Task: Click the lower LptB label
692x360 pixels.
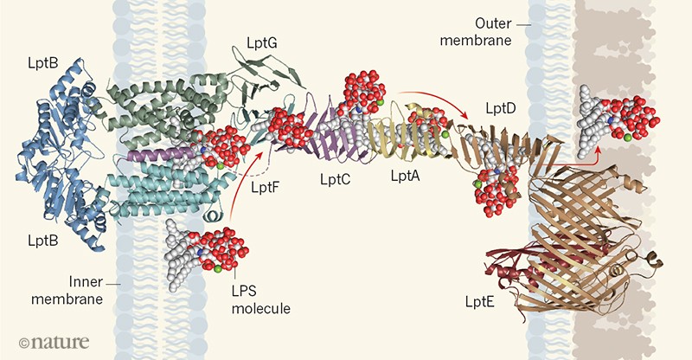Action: (42, 241)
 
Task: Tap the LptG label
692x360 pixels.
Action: (261, 44)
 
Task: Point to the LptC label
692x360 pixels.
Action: (335, 180)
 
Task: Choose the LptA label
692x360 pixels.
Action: (405, 176)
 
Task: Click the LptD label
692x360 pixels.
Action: (501, 108)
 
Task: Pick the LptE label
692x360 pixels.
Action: (479, 302)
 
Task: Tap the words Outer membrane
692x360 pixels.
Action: (477, 32)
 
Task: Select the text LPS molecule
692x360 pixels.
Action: (261, 299)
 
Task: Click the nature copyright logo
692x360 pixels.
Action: (54, 342)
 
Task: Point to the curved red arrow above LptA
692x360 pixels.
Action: (435, 99)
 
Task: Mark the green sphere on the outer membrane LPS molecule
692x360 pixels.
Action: (628, 138)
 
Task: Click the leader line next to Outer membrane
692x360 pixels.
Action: (523, 25)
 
